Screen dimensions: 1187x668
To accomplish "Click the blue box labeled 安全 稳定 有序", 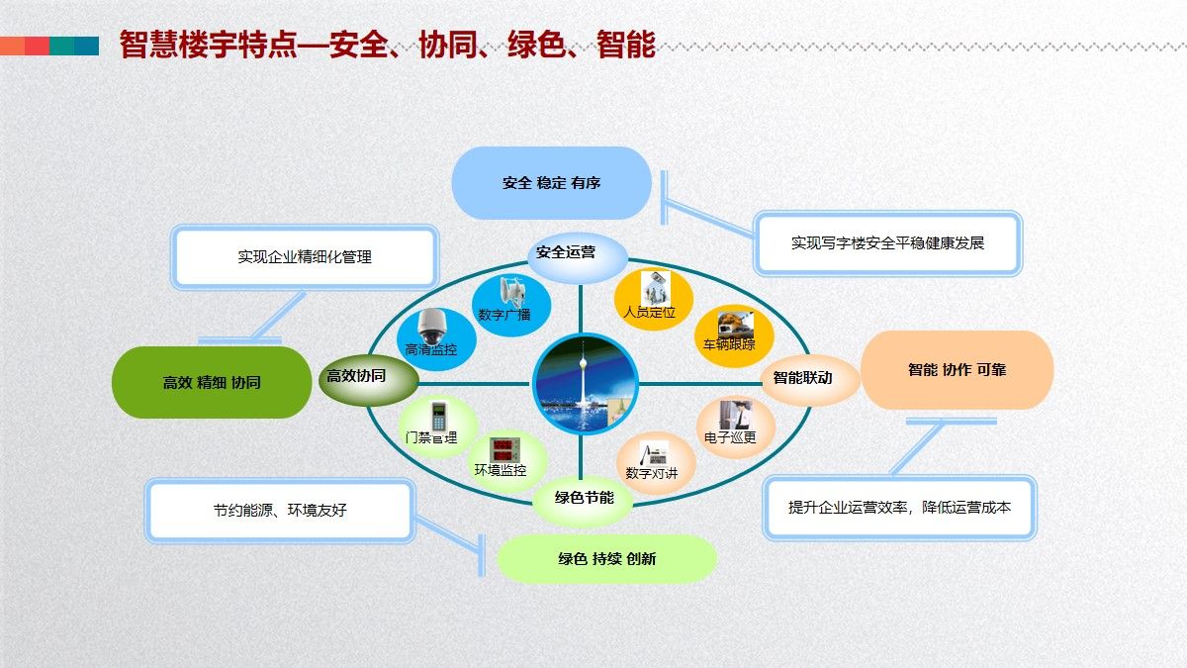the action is pos(551,183).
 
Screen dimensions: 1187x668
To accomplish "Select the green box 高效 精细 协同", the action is pos(212,382).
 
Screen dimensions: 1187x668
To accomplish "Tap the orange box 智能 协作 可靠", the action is pos(957,370).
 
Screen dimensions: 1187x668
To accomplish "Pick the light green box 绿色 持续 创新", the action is pos(606,559).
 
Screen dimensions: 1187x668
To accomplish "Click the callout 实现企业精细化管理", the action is pos(305,257).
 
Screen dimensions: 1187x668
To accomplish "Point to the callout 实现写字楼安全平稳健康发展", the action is pos(887,243).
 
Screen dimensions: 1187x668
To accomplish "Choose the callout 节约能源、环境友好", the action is pos(280,511).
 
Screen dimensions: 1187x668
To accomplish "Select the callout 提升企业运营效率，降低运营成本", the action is pos(899,508).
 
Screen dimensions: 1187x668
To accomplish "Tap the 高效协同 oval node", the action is pos(356,376).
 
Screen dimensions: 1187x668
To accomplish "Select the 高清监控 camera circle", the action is pos(435,336).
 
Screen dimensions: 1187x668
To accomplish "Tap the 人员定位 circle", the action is pos(652,300).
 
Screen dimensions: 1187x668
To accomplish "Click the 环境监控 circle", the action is pos(501,459).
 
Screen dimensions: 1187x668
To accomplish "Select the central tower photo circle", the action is pos(584,382).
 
